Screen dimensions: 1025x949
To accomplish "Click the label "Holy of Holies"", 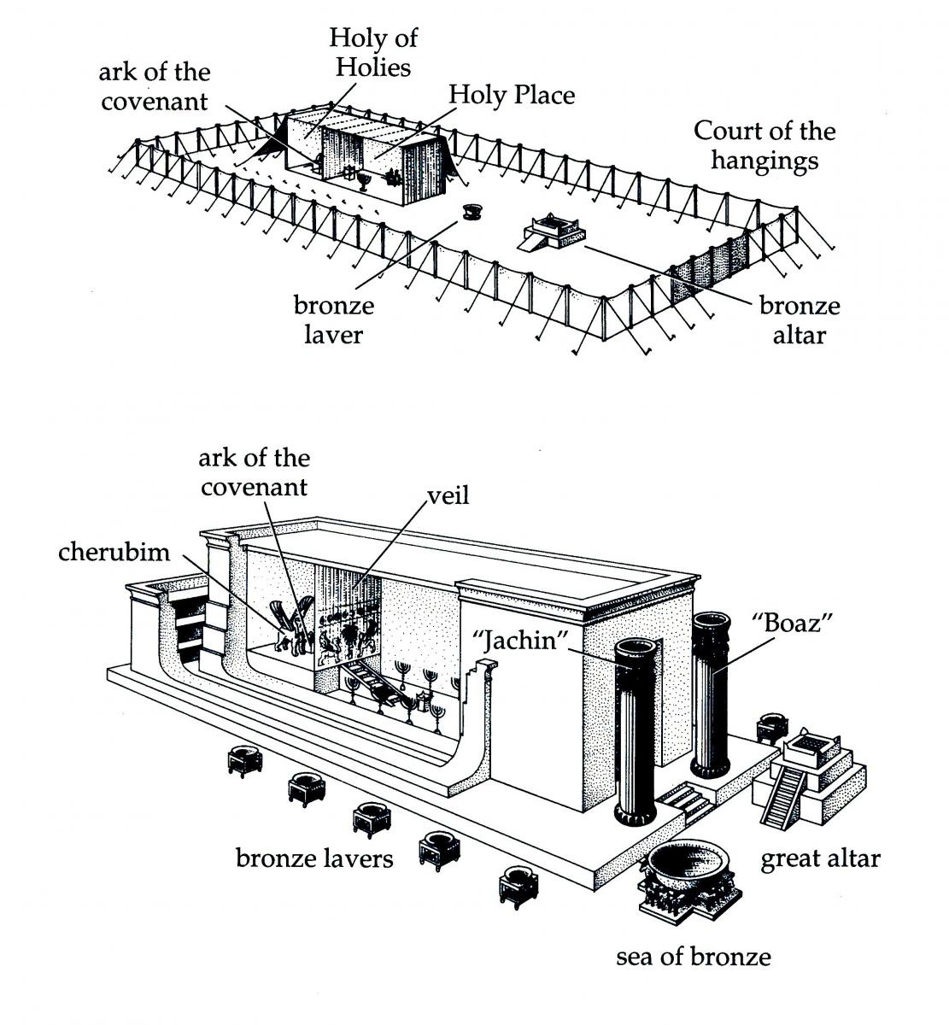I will pos(373,52).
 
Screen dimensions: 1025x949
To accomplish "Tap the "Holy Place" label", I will pos(512,95).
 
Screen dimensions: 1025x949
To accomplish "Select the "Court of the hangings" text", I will pos(764,145).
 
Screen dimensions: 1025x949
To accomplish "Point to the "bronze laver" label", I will pos(334,319).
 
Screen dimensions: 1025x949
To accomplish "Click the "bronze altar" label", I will pos(800,319).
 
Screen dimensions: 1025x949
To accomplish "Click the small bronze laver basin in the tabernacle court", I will pos(470,211).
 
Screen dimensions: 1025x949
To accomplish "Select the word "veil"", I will pos(448,495).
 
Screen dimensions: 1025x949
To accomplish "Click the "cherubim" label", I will pos(114,552).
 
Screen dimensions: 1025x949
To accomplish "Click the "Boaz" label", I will pos(779,623).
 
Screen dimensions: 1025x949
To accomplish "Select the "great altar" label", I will pos(819,858).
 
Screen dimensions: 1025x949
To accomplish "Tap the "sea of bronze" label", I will pos(693,957).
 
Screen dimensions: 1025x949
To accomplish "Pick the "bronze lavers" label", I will pos(314,858).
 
